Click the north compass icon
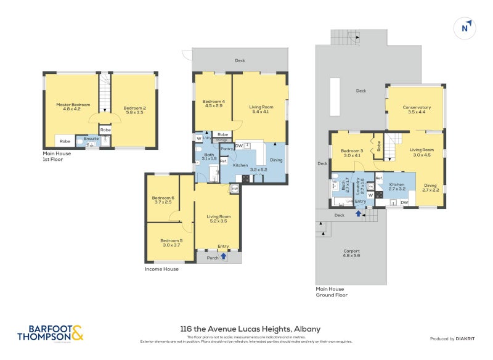(x=467, y=28)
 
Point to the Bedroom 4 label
(x=214, y=102)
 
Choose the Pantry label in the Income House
(x=226, y=149)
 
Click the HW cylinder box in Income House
(x=235, y=189)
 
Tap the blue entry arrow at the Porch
(x=223, y=256)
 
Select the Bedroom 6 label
(x=164, y=198)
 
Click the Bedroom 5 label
(x=171, y=240)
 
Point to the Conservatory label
(x=417, y=107)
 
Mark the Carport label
(x=352, y=251)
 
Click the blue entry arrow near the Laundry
(x=359, y=214)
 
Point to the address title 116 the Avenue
(x=250, y=329)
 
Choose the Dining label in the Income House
(x=276, y=160)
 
